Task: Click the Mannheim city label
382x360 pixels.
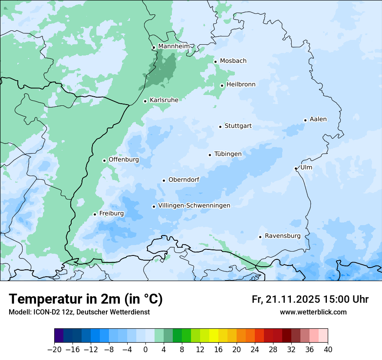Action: (174, 46)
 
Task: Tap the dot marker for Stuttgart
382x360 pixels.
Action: (220, 127)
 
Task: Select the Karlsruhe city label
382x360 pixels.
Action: (164, 100)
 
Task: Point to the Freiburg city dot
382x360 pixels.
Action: (95, 214)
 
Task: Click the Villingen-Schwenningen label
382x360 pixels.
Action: (194, 206)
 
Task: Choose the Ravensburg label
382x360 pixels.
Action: (282, 236)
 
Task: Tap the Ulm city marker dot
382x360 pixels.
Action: (296, 168)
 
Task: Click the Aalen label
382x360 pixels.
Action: (318, 119)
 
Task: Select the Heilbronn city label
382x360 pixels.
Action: (241, 85)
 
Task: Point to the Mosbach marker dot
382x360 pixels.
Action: (215, 62)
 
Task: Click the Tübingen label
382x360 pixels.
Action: (228, 154)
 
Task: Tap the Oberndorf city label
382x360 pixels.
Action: (184, 180)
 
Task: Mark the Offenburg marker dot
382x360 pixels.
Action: (104, 160)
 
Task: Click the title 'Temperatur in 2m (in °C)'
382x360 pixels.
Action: (86, 299)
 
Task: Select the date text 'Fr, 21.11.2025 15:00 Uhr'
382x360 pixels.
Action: (310, 300)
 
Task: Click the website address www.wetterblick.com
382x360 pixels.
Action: (313, 312)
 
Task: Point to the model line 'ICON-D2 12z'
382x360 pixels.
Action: (79, 312)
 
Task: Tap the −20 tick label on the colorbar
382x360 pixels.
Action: (54, 350)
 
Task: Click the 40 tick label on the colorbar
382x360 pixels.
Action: (328, 350)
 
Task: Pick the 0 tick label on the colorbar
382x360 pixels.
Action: (145, 350)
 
